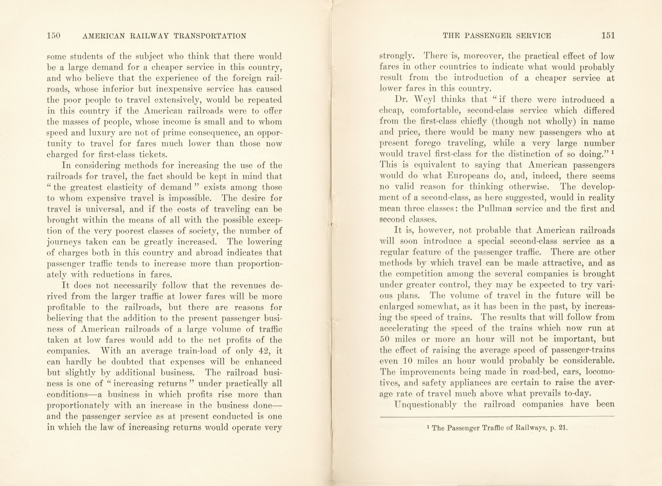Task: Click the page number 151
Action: [608, 36]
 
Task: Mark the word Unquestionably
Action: [425, 404]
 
